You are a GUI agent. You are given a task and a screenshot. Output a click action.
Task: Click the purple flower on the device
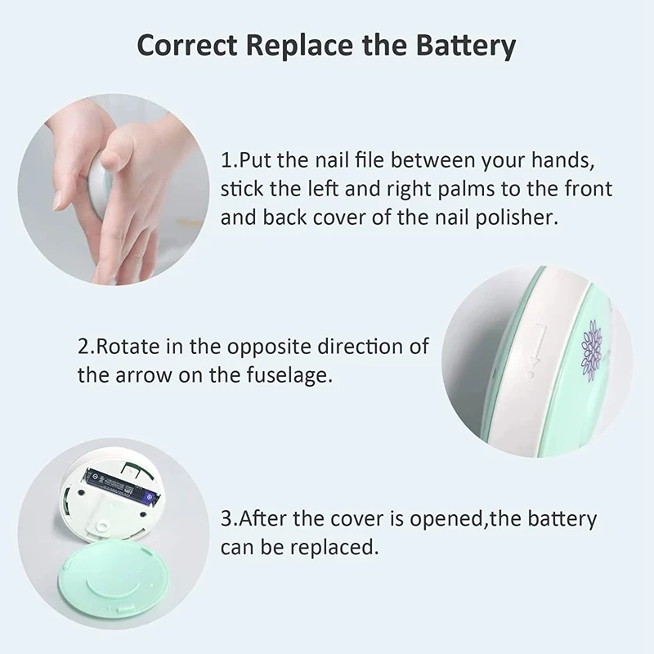coord(590,348)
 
